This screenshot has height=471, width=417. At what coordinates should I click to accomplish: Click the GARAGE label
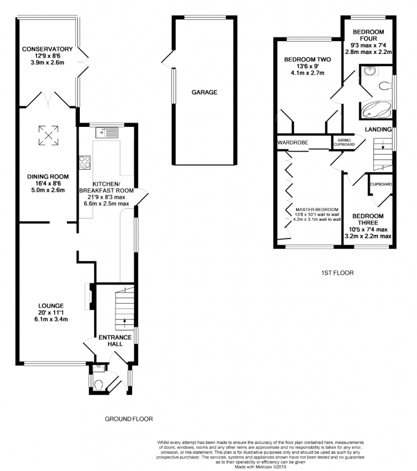coord(205,92)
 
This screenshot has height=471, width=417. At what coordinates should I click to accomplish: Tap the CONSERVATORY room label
coord(47,49)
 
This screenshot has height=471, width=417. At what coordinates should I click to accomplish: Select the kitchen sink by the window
coord(107,132)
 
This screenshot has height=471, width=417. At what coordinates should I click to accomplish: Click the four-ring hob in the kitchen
coord(85,162)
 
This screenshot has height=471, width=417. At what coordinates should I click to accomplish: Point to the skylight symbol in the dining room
coord(48,136)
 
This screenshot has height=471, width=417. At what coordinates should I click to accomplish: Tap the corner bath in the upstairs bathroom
coord(376,110)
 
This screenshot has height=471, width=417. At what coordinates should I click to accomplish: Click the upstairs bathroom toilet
coord(386,86)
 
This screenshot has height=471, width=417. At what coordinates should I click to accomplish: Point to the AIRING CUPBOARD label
coord(344,142)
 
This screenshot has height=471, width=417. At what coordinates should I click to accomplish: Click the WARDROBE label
coord(292,142)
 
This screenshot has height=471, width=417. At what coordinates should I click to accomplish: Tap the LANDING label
coord(378,129)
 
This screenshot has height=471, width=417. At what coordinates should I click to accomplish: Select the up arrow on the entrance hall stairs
coord(125,323)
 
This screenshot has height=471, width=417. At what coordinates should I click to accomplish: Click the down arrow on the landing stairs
coord(383,145)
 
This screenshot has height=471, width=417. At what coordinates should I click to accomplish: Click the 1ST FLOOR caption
coord(337,273)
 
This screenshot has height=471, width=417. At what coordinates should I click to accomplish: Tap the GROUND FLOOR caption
coord(128,419)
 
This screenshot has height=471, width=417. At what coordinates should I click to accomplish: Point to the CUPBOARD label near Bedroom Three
coord(381,185)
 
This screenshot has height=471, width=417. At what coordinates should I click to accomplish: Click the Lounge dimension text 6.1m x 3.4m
coord(51,320)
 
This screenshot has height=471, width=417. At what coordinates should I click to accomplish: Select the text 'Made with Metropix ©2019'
coord(260,467)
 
